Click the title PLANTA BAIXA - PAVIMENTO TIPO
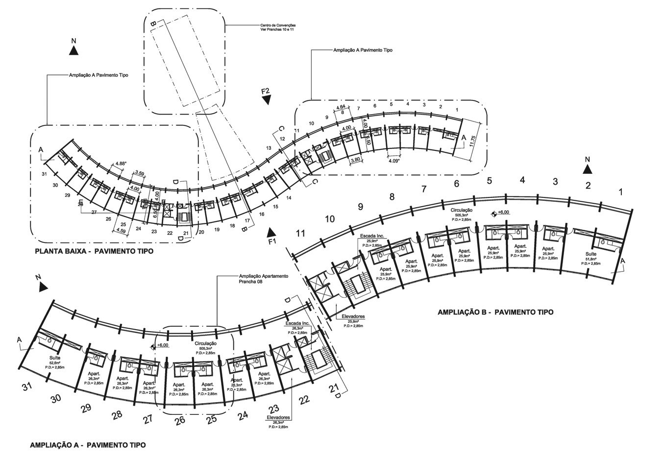pos(94,251)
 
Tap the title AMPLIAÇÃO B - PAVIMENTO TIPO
pos(495,312)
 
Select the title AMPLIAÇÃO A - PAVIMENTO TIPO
pos(88,445)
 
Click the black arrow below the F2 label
pos(267,100)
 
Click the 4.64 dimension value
pos(342,106)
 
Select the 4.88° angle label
pos(121,164)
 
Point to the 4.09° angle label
pos(394,160)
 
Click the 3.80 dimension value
pos(355,160)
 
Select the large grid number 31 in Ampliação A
pos(28,387)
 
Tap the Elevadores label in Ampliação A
pos(278,418)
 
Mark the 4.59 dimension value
pos(120,230)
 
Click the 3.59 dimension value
pos(139,173)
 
